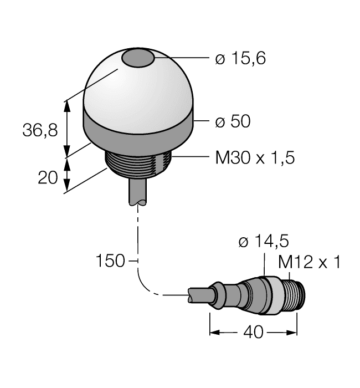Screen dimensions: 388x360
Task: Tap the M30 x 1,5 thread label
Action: [x=254, y=159]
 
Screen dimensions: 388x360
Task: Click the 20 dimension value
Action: [x=49, y=177]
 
